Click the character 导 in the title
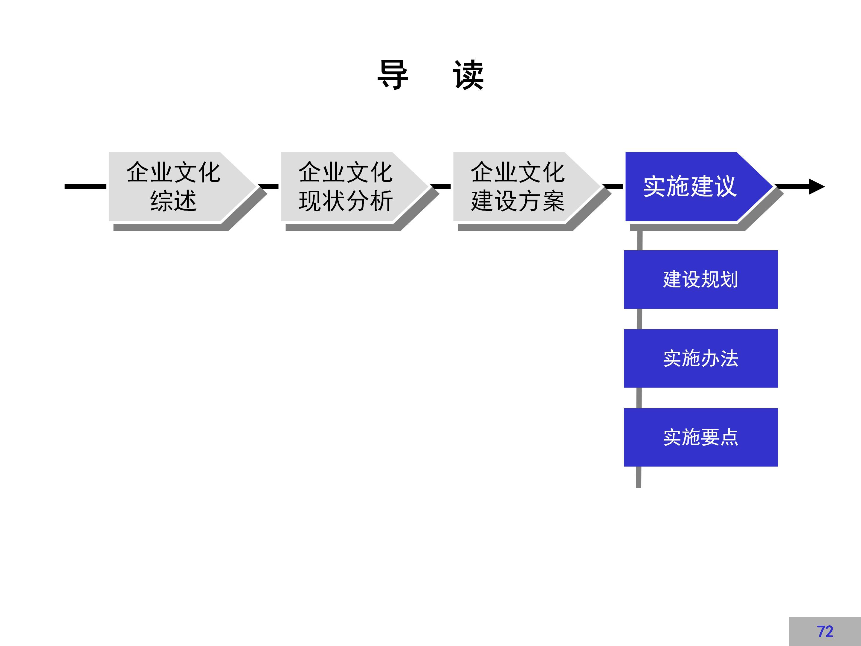tap(393, 75)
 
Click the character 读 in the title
tap(468, 75)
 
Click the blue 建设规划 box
tap(701, 279)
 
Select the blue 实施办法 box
tap(701, 358)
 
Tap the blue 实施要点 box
tap(701, 437)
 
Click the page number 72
tap(825, 631)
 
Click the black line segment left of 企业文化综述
tap(85, 187)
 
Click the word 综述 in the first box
tap(173, 201)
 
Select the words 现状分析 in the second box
tap(345, 201)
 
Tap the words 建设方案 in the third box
tap(518, 201)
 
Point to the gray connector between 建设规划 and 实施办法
tap(639, 319)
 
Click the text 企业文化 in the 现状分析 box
tap(345, 172)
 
